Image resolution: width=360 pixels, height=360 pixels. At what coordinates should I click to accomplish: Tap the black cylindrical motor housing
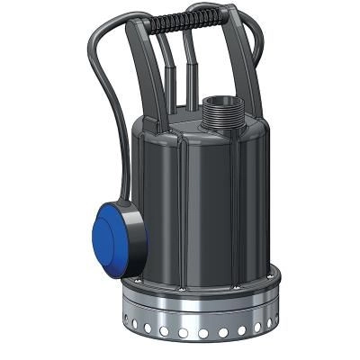202,198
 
